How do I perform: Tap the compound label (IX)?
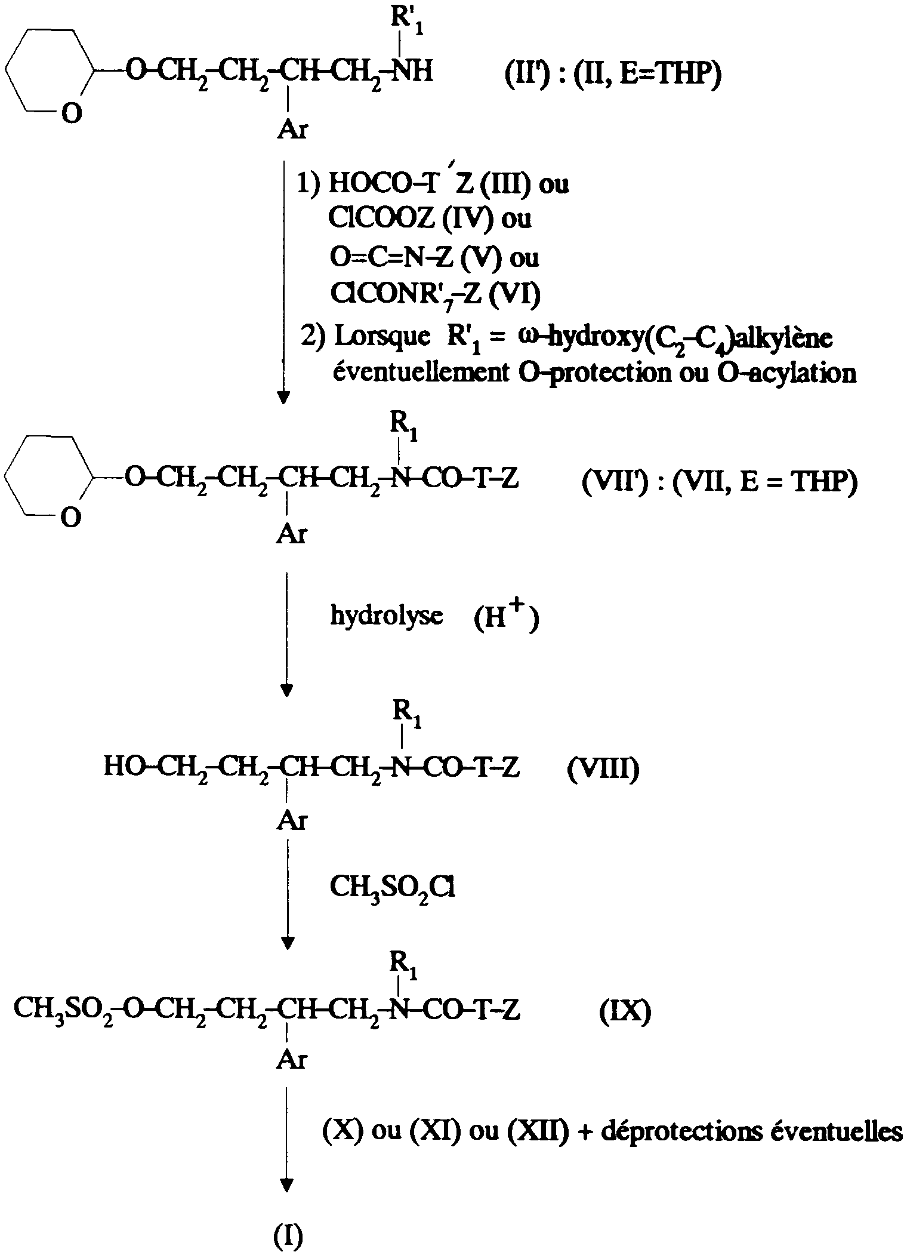click(x=625, y=1011)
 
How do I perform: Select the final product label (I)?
click(x=289, y=1235)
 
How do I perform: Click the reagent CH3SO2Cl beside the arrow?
click(x=392, y=890)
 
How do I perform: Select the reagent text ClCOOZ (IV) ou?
click(x=430, y=219)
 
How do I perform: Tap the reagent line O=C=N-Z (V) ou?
click(x=434, y=257)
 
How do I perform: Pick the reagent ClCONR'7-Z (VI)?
click(x=435, y=294)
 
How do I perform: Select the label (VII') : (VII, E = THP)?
click(x=720, y=482)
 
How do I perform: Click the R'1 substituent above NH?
click(x=407, y=21)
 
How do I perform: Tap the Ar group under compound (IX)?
click(x=292, y=1059)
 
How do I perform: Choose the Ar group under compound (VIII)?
click(x=292, y=822)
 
